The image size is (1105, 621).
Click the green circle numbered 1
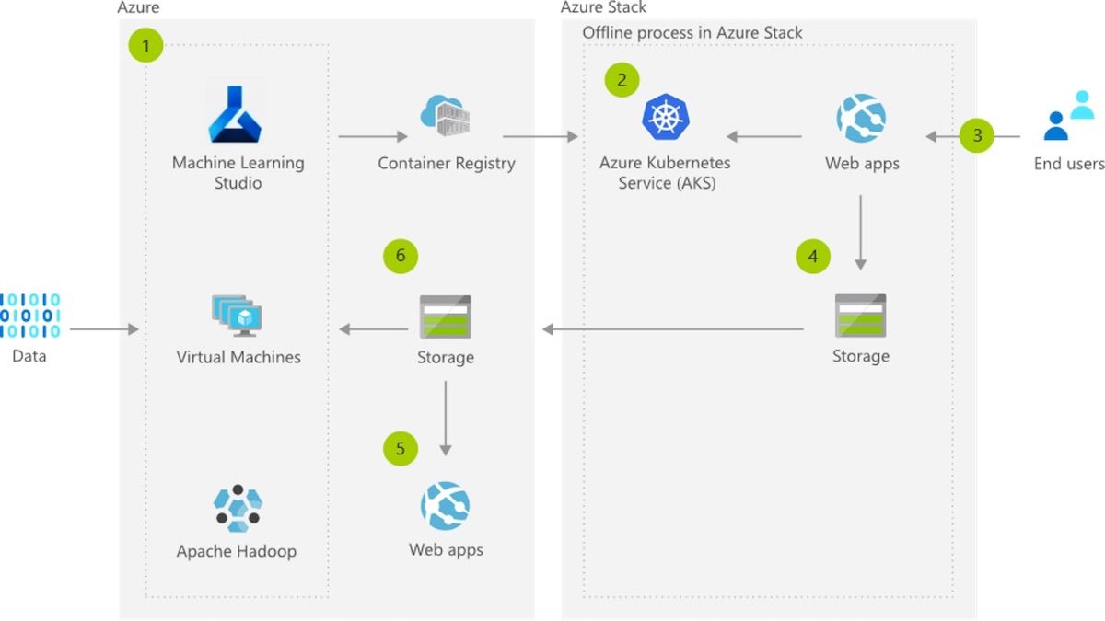145,44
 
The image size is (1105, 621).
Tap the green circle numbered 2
622,80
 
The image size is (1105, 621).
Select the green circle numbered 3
977,136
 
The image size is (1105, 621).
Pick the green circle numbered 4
812,257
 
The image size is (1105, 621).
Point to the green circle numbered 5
401,449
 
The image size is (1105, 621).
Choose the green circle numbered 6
401,256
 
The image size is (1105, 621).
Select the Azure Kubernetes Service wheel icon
665,118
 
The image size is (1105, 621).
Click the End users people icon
1069,116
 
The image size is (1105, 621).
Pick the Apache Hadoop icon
238,509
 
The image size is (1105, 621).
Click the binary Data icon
29,316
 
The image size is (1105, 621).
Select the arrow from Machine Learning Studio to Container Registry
373,137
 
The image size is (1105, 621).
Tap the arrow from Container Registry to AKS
540,137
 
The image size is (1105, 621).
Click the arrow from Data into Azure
104,328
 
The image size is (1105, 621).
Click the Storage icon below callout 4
860,316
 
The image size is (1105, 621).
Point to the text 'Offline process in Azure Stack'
692,33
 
